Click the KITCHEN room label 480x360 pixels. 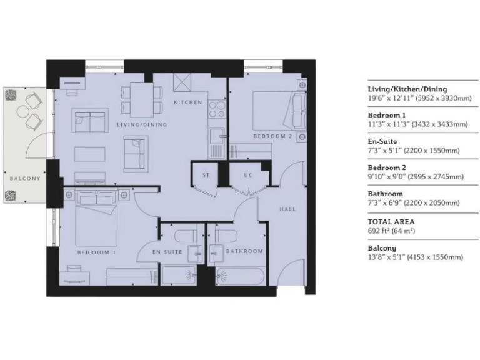188,102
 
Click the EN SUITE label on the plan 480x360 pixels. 167,252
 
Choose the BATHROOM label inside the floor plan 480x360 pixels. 245,252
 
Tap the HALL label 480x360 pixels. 287,209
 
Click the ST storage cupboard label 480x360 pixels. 206,174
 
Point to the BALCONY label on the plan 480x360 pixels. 25,178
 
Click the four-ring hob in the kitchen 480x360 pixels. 217,110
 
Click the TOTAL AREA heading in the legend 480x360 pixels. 391,221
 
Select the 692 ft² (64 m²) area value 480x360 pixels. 392,231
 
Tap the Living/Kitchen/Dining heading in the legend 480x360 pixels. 407,89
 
